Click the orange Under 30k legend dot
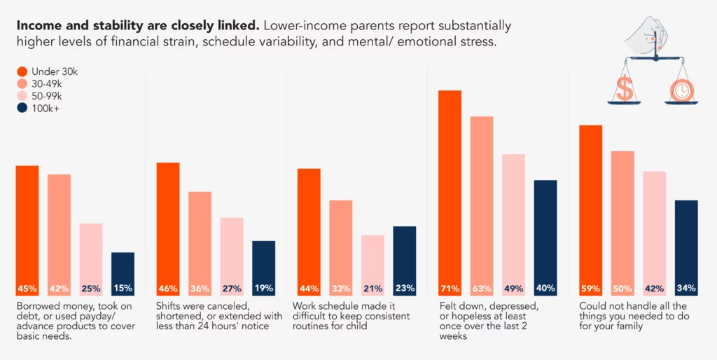click(x=22, y=71)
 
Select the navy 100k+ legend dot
click(x=22, y=109)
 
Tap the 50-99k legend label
click(x=47, y=96)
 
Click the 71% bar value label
click(x=450, y=289)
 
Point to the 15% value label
click(x=123, y=289)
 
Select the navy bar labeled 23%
click(x=405, y=261)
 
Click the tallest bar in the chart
click(x=450, y=193)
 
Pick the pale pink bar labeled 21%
click(x=373, y=265)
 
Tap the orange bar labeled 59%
click(x=591, y=211)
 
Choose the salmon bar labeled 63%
click(x=482, y=207)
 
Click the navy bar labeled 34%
click(x=686, y=249)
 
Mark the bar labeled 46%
click(x=168, y=230)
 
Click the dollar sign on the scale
click(x=623, y=88)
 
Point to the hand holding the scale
click(x=651, y=34)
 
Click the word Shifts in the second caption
click(x=169, y=305)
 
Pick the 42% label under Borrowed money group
click(x=59, y=289)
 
